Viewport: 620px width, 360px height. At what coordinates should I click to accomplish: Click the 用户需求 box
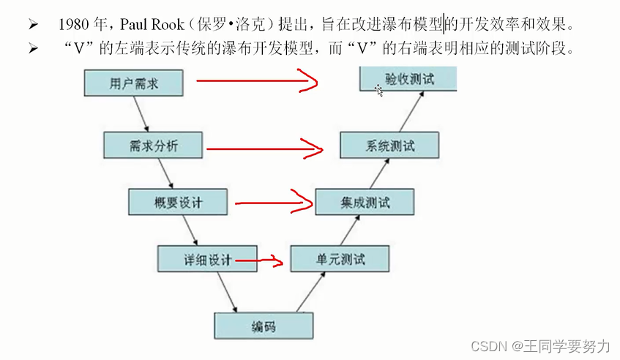pyautogui.click(x=133, y=83)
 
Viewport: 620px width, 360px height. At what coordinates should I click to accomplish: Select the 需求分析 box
pyautogui.click(x=152, y=146)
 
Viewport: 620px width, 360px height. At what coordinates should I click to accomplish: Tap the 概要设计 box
pyautogui.click(x=177, y=202)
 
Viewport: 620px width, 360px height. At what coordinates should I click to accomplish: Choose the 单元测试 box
pyautogui.click(x=340, y=259)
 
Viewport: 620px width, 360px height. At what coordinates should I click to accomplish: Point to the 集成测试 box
pyautogui.click(x=365, y=202)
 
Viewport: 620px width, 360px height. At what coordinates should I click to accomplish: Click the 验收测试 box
pyautogui.click(x=408, y=79)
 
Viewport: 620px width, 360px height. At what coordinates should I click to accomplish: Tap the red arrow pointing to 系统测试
pyautogui.click(x=264, y=149)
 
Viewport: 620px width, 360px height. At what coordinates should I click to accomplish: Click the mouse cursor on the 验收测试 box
pyautogui.click(x=378, y=90)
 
